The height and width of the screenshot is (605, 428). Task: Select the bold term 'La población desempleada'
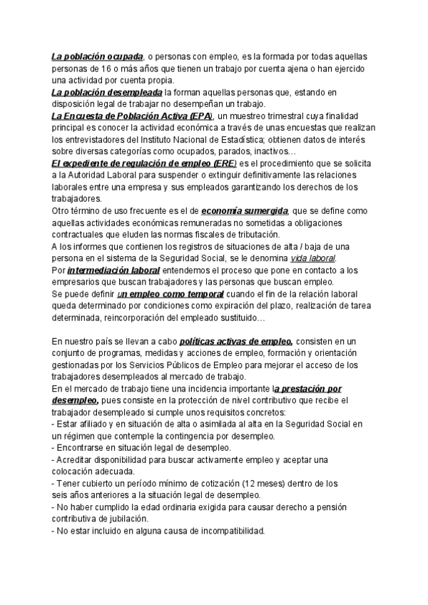tap(107, 93)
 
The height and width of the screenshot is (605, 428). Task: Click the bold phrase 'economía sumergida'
tap(245, 212)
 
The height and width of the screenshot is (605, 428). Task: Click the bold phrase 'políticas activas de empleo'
tap(235, 342)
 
